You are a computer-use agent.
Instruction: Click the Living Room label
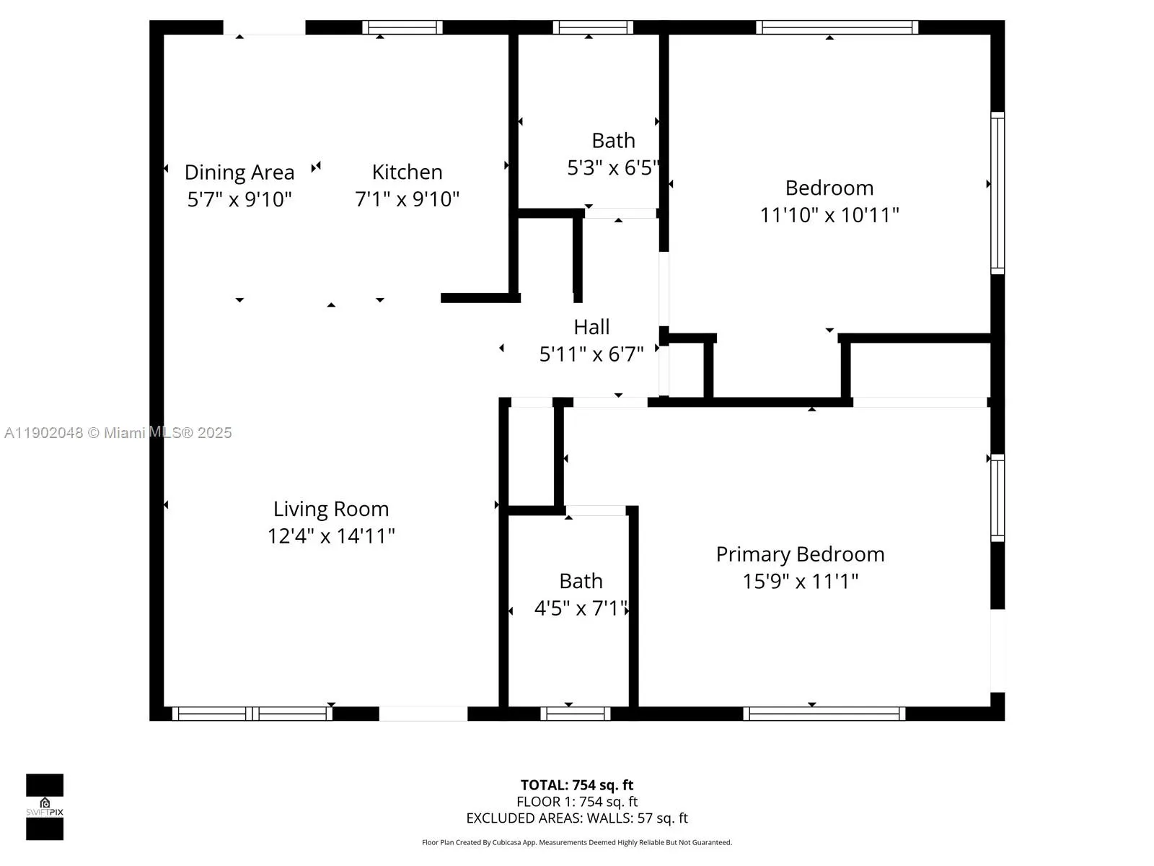click(331, 509)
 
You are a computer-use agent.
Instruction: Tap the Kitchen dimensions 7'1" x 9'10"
click(407, 199)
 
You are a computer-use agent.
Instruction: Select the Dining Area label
click(239, 172)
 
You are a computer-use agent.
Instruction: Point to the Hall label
click(591, 327)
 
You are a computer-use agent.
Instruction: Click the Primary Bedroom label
click(800, 554)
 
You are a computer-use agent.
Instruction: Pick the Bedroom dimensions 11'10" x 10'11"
click(829, 215)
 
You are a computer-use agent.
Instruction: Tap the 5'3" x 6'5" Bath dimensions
click(613, 168)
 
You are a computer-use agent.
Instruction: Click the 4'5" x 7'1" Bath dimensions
click(581, 608)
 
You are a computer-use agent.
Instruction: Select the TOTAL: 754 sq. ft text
click(577, 785)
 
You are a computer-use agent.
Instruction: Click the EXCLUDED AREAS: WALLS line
click(577, 818)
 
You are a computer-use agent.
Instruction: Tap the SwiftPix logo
click(45, 807)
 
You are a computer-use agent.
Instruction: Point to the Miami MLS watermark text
click(118, 433)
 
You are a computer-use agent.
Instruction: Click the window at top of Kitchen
click(402, 27)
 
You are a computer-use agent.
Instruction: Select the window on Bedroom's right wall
click(997, 193)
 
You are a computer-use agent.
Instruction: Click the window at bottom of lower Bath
click(576, 714)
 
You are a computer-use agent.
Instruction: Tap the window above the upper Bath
click(593, 27)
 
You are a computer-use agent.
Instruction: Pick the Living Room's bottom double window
click(252, 714)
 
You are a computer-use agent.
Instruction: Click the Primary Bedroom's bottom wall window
click(824, 714)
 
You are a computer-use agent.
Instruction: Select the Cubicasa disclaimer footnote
click(577, 842)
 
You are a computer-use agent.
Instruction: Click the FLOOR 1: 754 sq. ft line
click(577, 802)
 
